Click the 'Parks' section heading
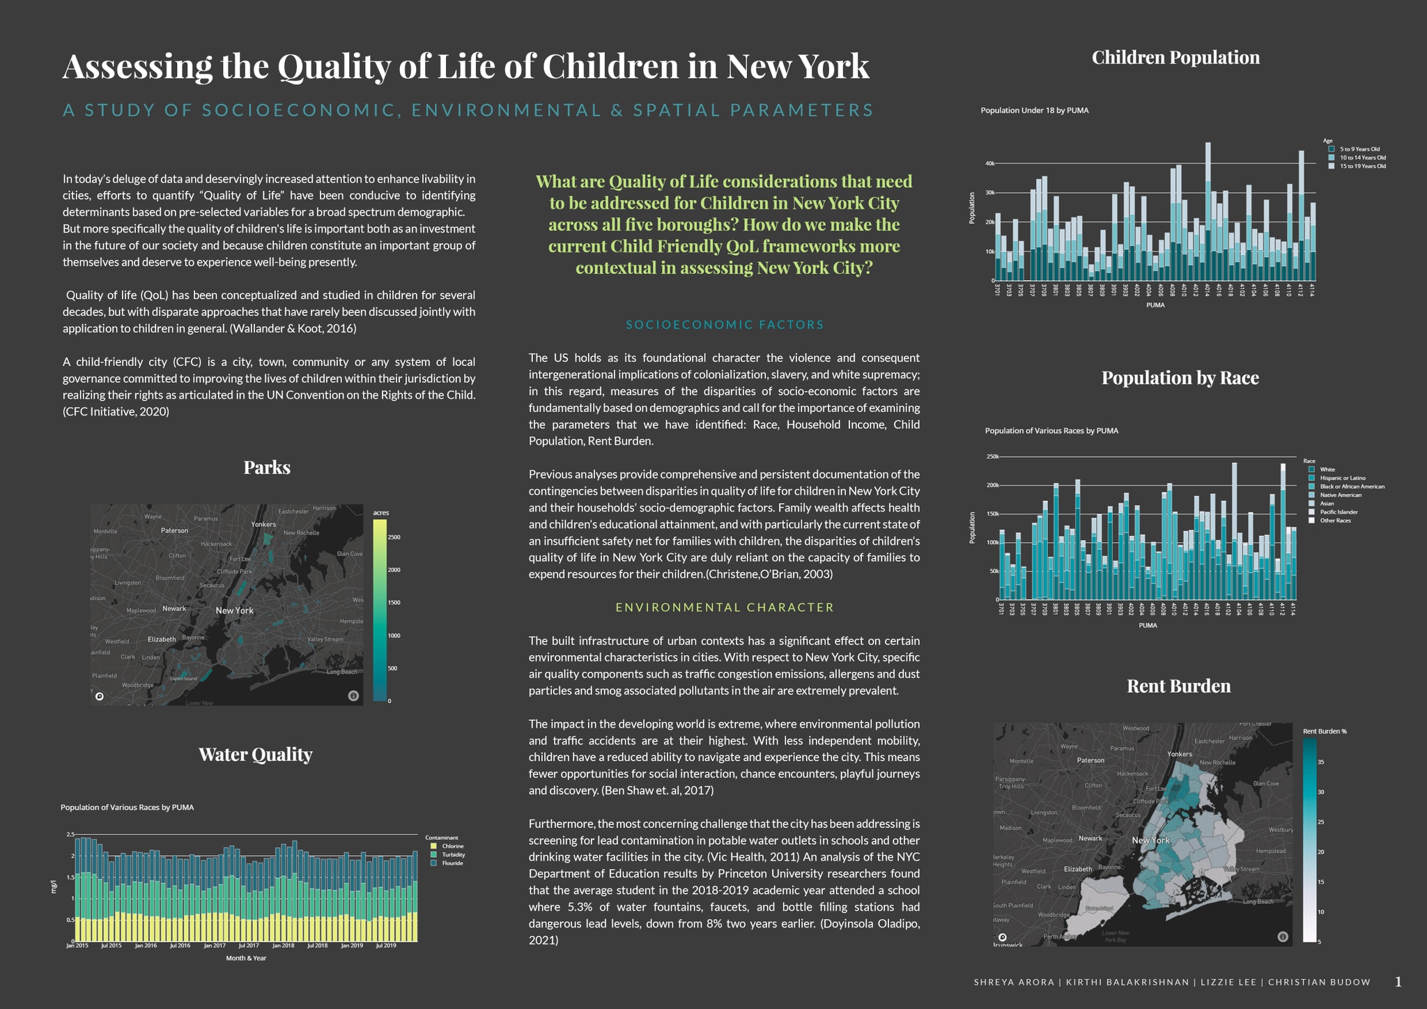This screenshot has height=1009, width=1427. [x=267, y=467]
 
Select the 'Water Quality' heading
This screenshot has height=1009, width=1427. [x=255, y=754]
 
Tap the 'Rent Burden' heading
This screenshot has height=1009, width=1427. [x=1178, y=686]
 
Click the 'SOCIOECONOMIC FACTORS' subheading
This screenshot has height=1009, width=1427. [x=725, y=325]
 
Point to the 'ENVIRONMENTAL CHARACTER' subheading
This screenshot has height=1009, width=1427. [x=725, y=607]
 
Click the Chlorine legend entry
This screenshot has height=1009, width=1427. [x=452, y=846]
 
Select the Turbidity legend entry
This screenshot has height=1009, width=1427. [x=453, y=854]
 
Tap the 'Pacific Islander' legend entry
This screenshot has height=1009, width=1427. [x=1339, y=512]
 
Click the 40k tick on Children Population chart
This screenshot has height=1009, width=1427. [x=989, y=164]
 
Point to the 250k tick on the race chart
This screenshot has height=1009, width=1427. [x=992, y=457]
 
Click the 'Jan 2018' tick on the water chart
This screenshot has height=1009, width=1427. [x=283, y=946]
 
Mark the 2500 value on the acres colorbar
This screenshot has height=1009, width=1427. [x=394, y=537]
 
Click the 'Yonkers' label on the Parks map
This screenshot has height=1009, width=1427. [x=263, y=524]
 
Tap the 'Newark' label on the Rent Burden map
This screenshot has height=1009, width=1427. [x=1090, y=838]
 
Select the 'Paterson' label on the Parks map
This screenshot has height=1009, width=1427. [x=174, y=530]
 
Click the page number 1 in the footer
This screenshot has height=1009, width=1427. [x=1398, y=982]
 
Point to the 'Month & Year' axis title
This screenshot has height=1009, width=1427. [x=246, y=958]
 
